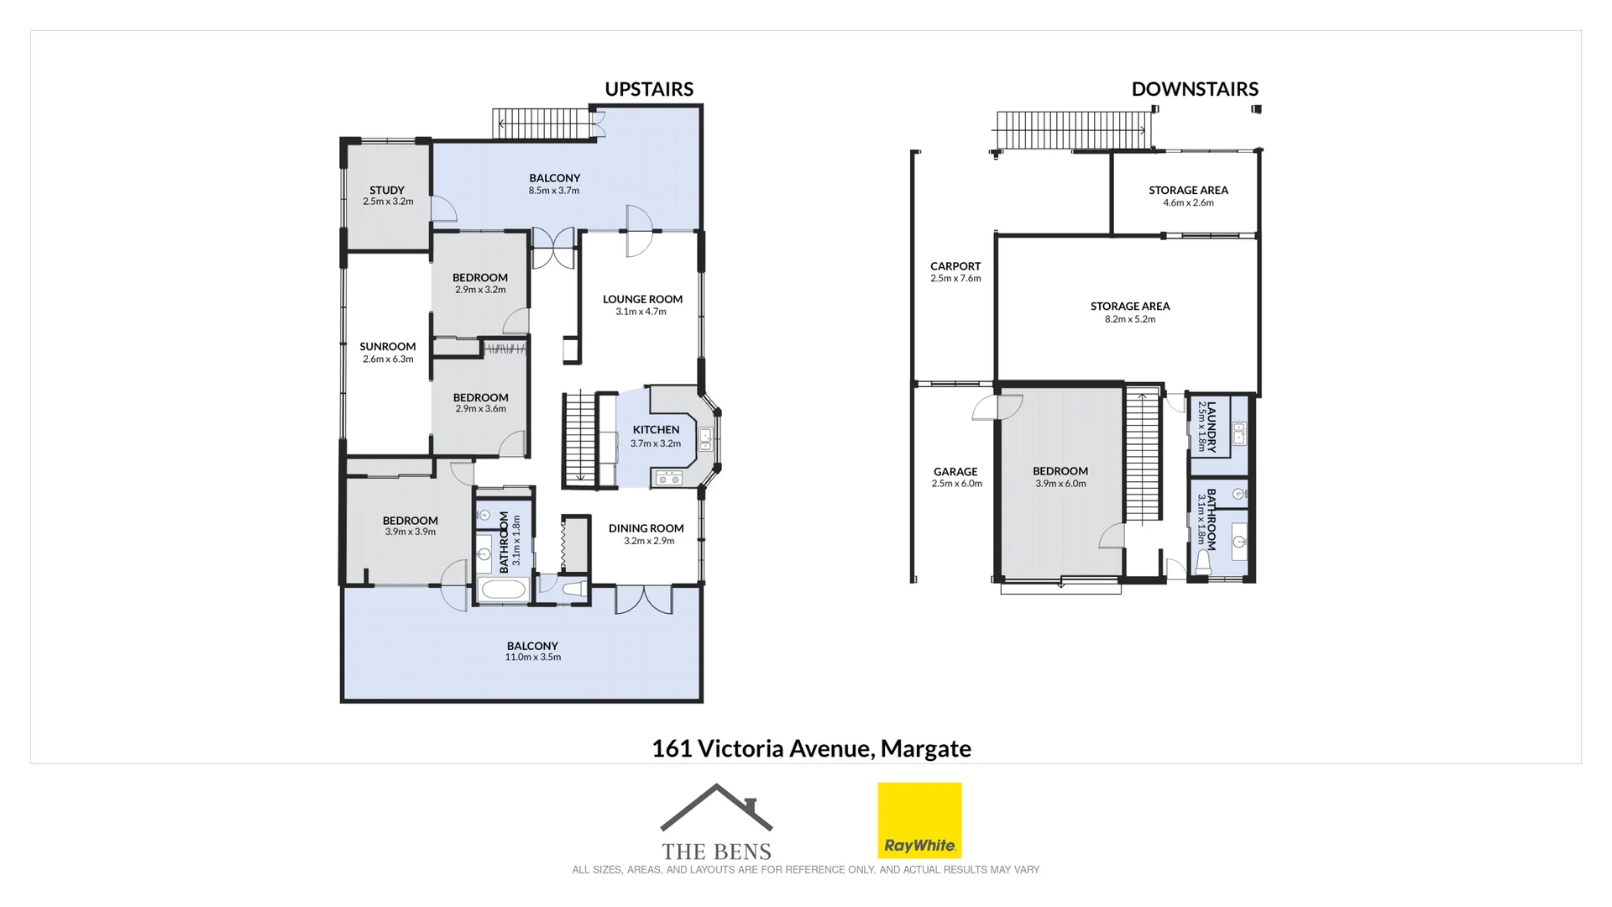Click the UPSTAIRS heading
[648, 89]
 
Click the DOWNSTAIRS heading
[1194, 89]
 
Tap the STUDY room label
[387, 191]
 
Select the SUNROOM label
[388, 347]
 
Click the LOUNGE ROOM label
[642, 299]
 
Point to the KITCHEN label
[656, 429]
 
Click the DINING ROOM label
[646, 528]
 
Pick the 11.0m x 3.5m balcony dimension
[532, 658]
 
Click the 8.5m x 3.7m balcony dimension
[554, 191]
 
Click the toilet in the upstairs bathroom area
[573, 590]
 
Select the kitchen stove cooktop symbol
[669, 478]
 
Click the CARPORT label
[955, 266]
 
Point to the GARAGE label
[955, 472]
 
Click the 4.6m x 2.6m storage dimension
[1188, 202]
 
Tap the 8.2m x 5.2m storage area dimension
[1130, 319]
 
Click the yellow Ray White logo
[919, 820]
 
